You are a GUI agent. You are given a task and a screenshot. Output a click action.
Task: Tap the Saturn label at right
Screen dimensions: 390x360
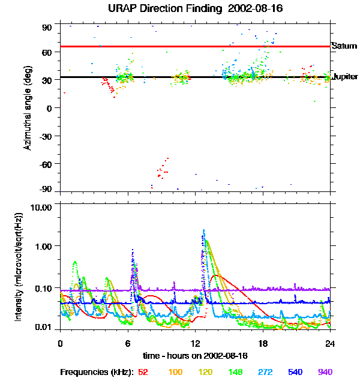tap(344, 46)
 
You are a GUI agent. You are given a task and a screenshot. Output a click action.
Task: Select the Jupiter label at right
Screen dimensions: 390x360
tap(345, 77)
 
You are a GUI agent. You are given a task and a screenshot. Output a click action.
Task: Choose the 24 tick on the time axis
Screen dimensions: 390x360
tap(330, 343)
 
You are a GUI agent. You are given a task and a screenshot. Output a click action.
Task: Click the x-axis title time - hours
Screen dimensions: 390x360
tap(195, 356)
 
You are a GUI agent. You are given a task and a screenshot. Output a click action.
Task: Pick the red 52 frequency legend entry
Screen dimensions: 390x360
tap(143, 372)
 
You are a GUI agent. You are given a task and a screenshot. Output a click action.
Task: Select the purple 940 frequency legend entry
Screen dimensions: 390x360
tap(325, 372)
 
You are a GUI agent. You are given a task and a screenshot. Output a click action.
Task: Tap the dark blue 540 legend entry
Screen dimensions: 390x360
tap(295, 372)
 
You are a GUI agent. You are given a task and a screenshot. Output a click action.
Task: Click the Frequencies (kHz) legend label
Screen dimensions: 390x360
tap(96, 372)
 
